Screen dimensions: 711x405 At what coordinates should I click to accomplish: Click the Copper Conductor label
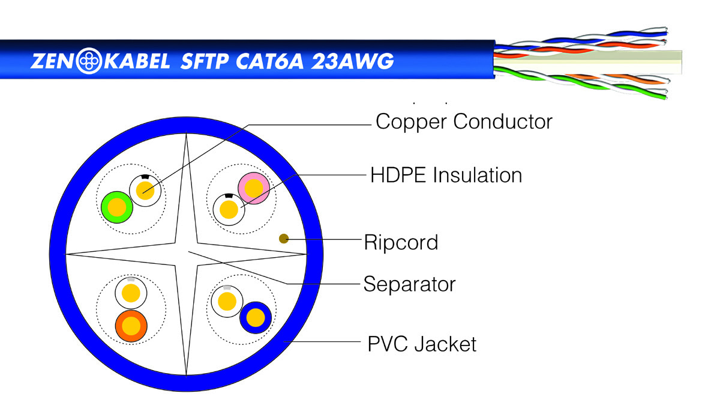(x=464, y=122)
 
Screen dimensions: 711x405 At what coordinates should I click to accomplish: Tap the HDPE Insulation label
(x=446, y=175)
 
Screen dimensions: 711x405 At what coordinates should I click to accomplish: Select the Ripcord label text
(x=401, y=242)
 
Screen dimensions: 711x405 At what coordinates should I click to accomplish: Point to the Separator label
(x=409, y=285)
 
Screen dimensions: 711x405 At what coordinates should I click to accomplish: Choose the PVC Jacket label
(x=422, y=344)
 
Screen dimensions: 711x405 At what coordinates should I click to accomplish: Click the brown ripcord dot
(x=284, y=239)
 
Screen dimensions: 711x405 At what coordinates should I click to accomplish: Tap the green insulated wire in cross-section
(x=117, y=207)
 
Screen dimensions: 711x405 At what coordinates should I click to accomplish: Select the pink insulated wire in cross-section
(x=254, y=188)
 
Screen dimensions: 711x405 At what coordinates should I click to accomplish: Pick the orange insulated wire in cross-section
(x=131, y=326)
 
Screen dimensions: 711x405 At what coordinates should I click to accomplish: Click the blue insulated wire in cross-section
(x=256, y=317)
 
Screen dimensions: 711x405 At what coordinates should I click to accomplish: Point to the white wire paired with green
(x=145, y=190)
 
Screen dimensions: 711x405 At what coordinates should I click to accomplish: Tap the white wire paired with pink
(x=229, y=209)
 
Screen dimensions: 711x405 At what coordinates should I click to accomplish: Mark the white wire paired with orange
(x=131, y=293)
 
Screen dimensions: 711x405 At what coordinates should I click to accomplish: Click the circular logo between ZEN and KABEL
(x=89, y=61)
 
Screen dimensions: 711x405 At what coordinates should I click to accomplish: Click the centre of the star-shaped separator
(x=187, y=254)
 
